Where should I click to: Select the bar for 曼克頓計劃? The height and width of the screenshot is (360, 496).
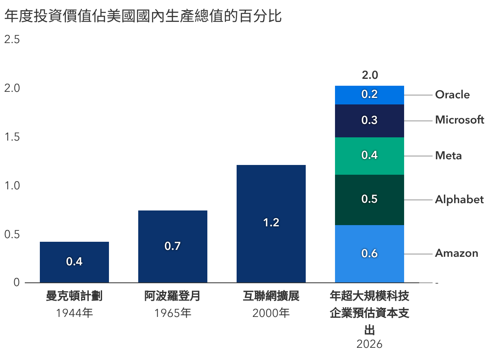coord(74,262)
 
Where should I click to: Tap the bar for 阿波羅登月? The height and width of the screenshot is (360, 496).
coord(173,246)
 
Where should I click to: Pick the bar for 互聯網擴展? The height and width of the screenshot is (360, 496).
coord(271,223)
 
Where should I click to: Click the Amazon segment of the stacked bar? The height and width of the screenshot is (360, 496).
coord(369,254)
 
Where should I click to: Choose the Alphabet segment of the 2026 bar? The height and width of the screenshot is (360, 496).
coord(369,200)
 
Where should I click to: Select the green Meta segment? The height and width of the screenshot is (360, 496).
coord(369,156)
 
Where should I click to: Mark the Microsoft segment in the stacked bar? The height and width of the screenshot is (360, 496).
coord(369,121)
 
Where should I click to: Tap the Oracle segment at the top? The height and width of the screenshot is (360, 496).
coord(369,95)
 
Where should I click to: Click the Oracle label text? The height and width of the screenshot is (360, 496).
coord(452,95)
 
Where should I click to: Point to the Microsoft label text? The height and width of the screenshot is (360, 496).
coord(459,120)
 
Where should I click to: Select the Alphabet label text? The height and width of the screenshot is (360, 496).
coord(459,200)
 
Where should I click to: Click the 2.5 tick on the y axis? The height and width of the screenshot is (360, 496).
coord(12,40)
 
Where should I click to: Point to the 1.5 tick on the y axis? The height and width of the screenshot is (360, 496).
coord(12,137)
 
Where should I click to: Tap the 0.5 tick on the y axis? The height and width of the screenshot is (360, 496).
coord(12,234)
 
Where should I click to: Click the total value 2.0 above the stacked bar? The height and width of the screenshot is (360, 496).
coord(370,75)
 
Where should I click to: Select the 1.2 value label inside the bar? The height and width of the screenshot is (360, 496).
coord(271,223)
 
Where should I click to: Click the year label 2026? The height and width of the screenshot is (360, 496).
coord(369,344)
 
